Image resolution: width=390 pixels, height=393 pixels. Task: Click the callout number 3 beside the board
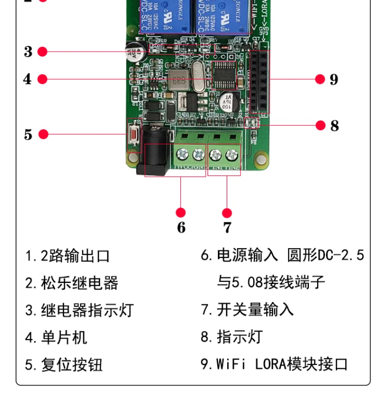click(28, 52)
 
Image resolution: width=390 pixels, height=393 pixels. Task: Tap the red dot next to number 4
click(42, 79)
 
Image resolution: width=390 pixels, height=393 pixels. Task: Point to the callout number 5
click(28, 134)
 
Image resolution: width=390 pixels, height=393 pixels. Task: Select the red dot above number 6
click(181, 213)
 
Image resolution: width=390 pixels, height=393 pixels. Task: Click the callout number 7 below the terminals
click(227, 227)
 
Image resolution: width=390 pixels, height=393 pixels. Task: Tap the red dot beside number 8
click(321, 126)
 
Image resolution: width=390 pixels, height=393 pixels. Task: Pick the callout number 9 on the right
click(334, 79)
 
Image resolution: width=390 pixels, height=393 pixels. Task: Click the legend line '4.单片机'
click(56, 337)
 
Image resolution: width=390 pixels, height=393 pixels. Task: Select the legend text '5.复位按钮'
click(64, 365)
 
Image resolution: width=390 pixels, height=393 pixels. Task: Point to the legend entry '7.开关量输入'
click(247, 309)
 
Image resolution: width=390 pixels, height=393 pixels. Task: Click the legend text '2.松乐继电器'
click(72, 283)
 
